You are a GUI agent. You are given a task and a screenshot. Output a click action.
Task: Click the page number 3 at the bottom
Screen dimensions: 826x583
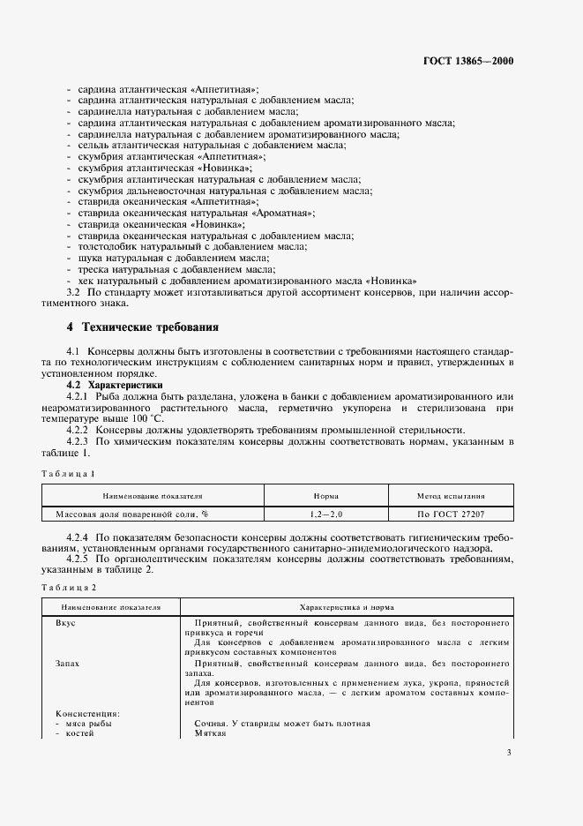point(509,753)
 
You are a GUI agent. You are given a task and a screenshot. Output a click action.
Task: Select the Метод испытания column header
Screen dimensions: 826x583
point(451,496)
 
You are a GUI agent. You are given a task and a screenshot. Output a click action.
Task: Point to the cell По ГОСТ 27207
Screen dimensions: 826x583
point(451,513)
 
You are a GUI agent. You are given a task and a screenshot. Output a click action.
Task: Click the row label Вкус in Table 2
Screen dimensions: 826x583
point(66,622)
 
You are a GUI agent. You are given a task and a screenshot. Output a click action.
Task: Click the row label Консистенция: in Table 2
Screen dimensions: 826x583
point(87,714)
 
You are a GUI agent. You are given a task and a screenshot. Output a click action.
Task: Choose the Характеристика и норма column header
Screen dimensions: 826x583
point(347,608)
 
